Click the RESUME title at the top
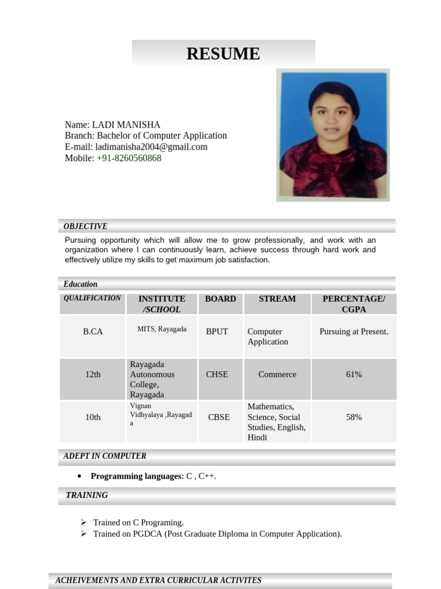(223, 53)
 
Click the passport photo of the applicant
(333, 135)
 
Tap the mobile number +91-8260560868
(129, 158)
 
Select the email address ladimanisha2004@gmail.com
(151, 147)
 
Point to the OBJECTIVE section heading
(86, 226)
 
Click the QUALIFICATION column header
(92, 298)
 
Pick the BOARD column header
(220, 299)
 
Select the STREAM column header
(277, 299)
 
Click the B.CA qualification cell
(93, 331)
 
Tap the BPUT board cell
(217, 331)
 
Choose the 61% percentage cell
(354, 374)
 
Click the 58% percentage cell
(354, 417)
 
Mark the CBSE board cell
(219, 417)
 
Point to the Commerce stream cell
(277, 374)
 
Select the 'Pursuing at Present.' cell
(354, 331)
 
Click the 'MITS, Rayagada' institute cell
(162, 329)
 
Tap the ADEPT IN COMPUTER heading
(105, 456)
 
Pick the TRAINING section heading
(87, 495)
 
